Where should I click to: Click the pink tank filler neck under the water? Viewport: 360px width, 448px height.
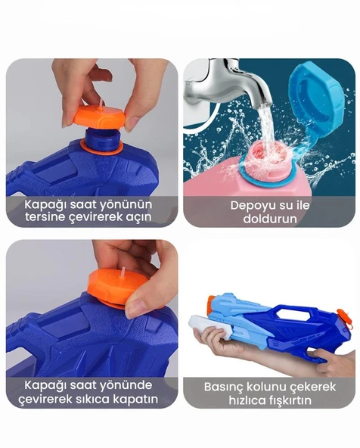point(267,159)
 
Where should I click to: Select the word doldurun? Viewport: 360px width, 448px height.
point(270,219)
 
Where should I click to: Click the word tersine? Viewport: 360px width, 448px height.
point(45,217)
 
